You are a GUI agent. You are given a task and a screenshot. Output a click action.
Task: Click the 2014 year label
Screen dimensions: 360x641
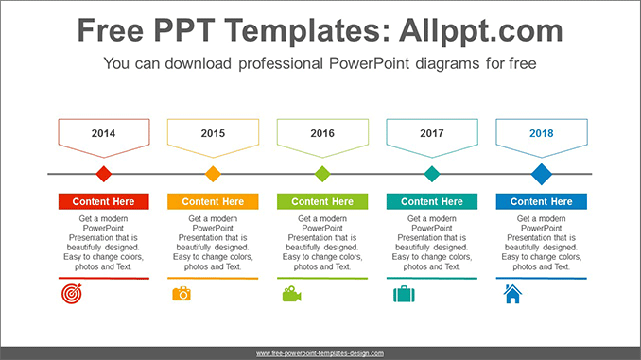coord(104,133)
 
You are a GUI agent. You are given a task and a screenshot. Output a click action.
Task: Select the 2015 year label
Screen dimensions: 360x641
coord(213,133)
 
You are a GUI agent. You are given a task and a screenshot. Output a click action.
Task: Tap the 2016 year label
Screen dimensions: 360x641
coord(322,133)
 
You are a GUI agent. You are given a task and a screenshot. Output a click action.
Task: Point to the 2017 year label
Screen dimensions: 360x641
coord(432,133)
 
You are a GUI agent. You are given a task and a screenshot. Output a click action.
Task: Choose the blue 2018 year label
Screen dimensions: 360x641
coord(542,133)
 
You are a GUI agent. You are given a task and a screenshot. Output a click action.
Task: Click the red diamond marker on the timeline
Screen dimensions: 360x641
coord(104,174)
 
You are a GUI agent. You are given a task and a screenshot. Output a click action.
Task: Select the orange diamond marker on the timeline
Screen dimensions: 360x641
coord(213,174)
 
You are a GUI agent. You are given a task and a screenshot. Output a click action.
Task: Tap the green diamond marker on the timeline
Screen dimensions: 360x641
coord(322,174)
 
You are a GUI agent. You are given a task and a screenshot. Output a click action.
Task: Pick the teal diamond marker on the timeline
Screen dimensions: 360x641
coord(432,174)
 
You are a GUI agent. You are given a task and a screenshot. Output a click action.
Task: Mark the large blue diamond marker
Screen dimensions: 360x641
coord(542,174)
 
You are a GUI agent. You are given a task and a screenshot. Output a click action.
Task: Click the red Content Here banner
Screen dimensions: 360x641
coord(104,201)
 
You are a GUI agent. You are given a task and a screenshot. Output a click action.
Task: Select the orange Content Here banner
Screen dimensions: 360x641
coord(213,201)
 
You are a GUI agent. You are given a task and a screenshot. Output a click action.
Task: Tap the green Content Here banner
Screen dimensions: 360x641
coord(322,201)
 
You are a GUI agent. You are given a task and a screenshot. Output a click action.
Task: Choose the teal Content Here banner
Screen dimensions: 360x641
coord(432,201)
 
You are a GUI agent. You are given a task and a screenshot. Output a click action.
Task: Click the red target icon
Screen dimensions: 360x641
coord(72,294)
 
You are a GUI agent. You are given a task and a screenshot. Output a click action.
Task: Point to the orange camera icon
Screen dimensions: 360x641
coord(182,294)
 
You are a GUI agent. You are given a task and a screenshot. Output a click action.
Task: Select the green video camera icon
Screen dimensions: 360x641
coord(291,294)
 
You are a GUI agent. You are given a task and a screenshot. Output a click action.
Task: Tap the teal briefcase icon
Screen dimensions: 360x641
coord(403,294)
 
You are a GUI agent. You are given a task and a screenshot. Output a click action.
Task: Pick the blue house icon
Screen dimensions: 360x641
coord(512,294)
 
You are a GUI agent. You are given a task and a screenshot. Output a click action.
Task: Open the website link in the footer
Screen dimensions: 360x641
coord(320,352)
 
